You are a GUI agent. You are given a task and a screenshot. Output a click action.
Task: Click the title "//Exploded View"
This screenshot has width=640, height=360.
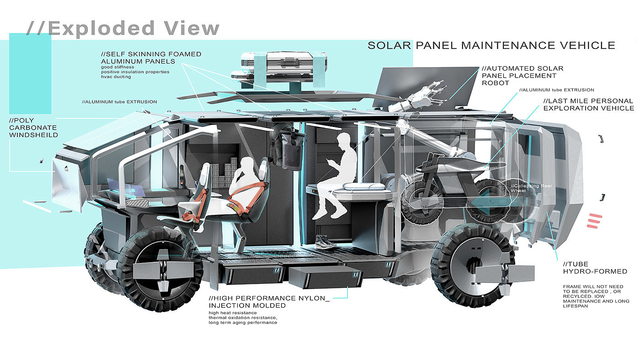pyautogui.click(x=123, y=28)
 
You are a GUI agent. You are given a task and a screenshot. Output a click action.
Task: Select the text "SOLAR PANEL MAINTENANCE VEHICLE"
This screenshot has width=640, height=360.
pyautogui.click(x=491, y=45)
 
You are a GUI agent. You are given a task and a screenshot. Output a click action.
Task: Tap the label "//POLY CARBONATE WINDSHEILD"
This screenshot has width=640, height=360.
pyautogui.click(x=33, y=127)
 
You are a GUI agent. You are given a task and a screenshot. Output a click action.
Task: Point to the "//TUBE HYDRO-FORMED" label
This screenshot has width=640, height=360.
pyautogui.click(x=595, y=268)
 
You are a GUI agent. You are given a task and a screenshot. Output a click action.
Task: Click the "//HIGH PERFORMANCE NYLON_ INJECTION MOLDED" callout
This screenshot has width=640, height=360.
pyautogui.click(x=269, y=302)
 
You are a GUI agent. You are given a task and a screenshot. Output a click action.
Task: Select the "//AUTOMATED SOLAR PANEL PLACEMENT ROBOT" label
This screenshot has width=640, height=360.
pyautogui.click(x=522, y=75)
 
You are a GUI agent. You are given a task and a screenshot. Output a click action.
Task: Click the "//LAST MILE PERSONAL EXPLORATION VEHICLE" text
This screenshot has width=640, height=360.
pyautogui.click(x=588, y=104)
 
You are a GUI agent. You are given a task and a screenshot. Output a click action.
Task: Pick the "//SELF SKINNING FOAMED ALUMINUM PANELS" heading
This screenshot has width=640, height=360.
pyautogui.click(x=151, y=58)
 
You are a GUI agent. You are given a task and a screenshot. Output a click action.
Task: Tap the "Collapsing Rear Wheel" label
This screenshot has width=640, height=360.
pyautogui.click(x=528, y=188)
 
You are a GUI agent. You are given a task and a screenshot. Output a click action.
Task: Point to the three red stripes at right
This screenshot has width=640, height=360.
pyautogui.click(x=594, y=221)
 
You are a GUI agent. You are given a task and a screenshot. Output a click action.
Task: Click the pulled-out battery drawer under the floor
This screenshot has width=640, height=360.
pyautogui.click(x=325, y=280)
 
